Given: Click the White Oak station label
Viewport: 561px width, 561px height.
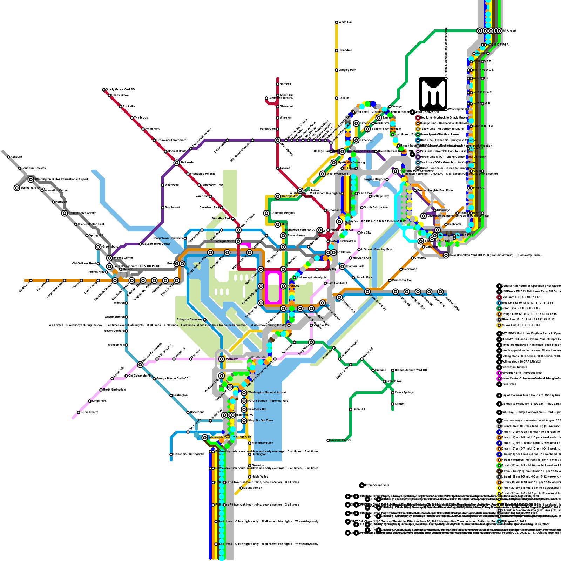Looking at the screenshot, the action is pyautogui.click(x=345, y=22).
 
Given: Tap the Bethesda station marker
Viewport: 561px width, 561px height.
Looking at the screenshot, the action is pyautogui.click(x=177, y=163).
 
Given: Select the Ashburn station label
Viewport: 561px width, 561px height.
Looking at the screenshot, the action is pyautogui.click(x=16, y=157).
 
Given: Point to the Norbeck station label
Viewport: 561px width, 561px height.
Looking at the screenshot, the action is pyautogui.click(x=285, y=84).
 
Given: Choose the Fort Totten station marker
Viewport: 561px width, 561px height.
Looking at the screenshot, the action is pyautogui.click(x=300, y=191).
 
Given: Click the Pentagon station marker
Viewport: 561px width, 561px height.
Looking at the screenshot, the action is pyautogui.click(x=222, y=359).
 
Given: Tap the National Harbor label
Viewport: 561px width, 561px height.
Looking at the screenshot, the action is pyautogui.click(x=340, y=440).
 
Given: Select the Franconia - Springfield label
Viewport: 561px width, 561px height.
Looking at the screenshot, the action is pyautogui.click(x=188, y=454).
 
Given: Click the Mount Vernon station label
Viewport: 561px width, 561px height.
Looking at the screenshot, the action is pyautogui.click(x=252, y=488).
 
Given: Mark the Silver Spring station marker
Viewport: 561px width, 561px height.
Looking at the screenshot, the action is pyautogui.click(x=278, y=140).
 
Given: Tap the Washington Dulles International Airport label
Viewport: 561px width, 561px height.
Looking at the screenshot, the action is pyautogui.click(x=61, y=180).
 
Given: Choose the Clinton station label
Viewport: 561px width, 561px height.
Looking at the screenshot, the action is pyautogui.click(x=399, y=404).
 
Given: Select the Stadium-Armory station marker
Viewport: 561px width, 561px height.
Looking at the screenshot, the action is pyautogui.click(x=367, y=292).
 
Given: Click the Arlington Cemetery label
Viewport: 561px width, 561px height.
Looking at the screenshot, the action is pyautogui.click(x=189, y=320).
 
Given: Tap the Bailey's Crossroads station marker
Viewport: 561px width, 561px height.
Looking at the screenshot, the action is pyautogui.click(x=140, y=365).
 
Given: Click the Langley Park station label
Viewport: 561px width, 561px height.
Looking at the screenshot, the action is pyautogui.click(x=347, y=70).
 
